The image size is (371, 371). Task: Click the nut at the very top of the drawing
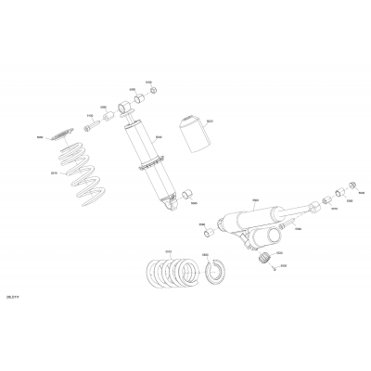[x=155, y=90]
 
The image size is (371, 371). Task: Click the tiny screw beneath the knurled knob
[x=275, y=270]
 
